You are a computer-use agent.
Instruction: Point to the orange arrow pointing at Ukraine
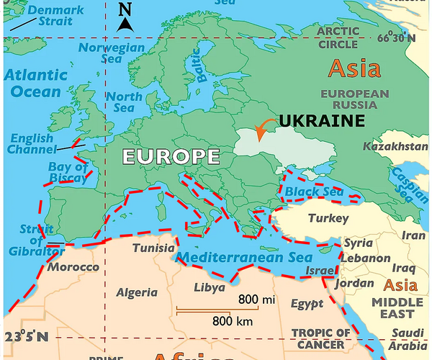point(265,127)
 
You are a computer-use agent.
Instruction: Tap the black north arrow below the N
point(125,24)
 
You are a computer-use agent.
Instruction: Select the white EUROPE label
point(170,156)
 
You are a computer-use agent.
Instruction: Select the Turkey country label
point(328,218)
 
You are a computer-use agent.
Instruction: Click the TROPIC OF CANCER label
point(321,338)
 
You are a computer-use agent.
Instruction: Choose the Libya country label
point(209,288)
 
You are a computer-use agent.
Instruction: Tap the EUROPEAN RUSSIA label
point(354,99)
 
